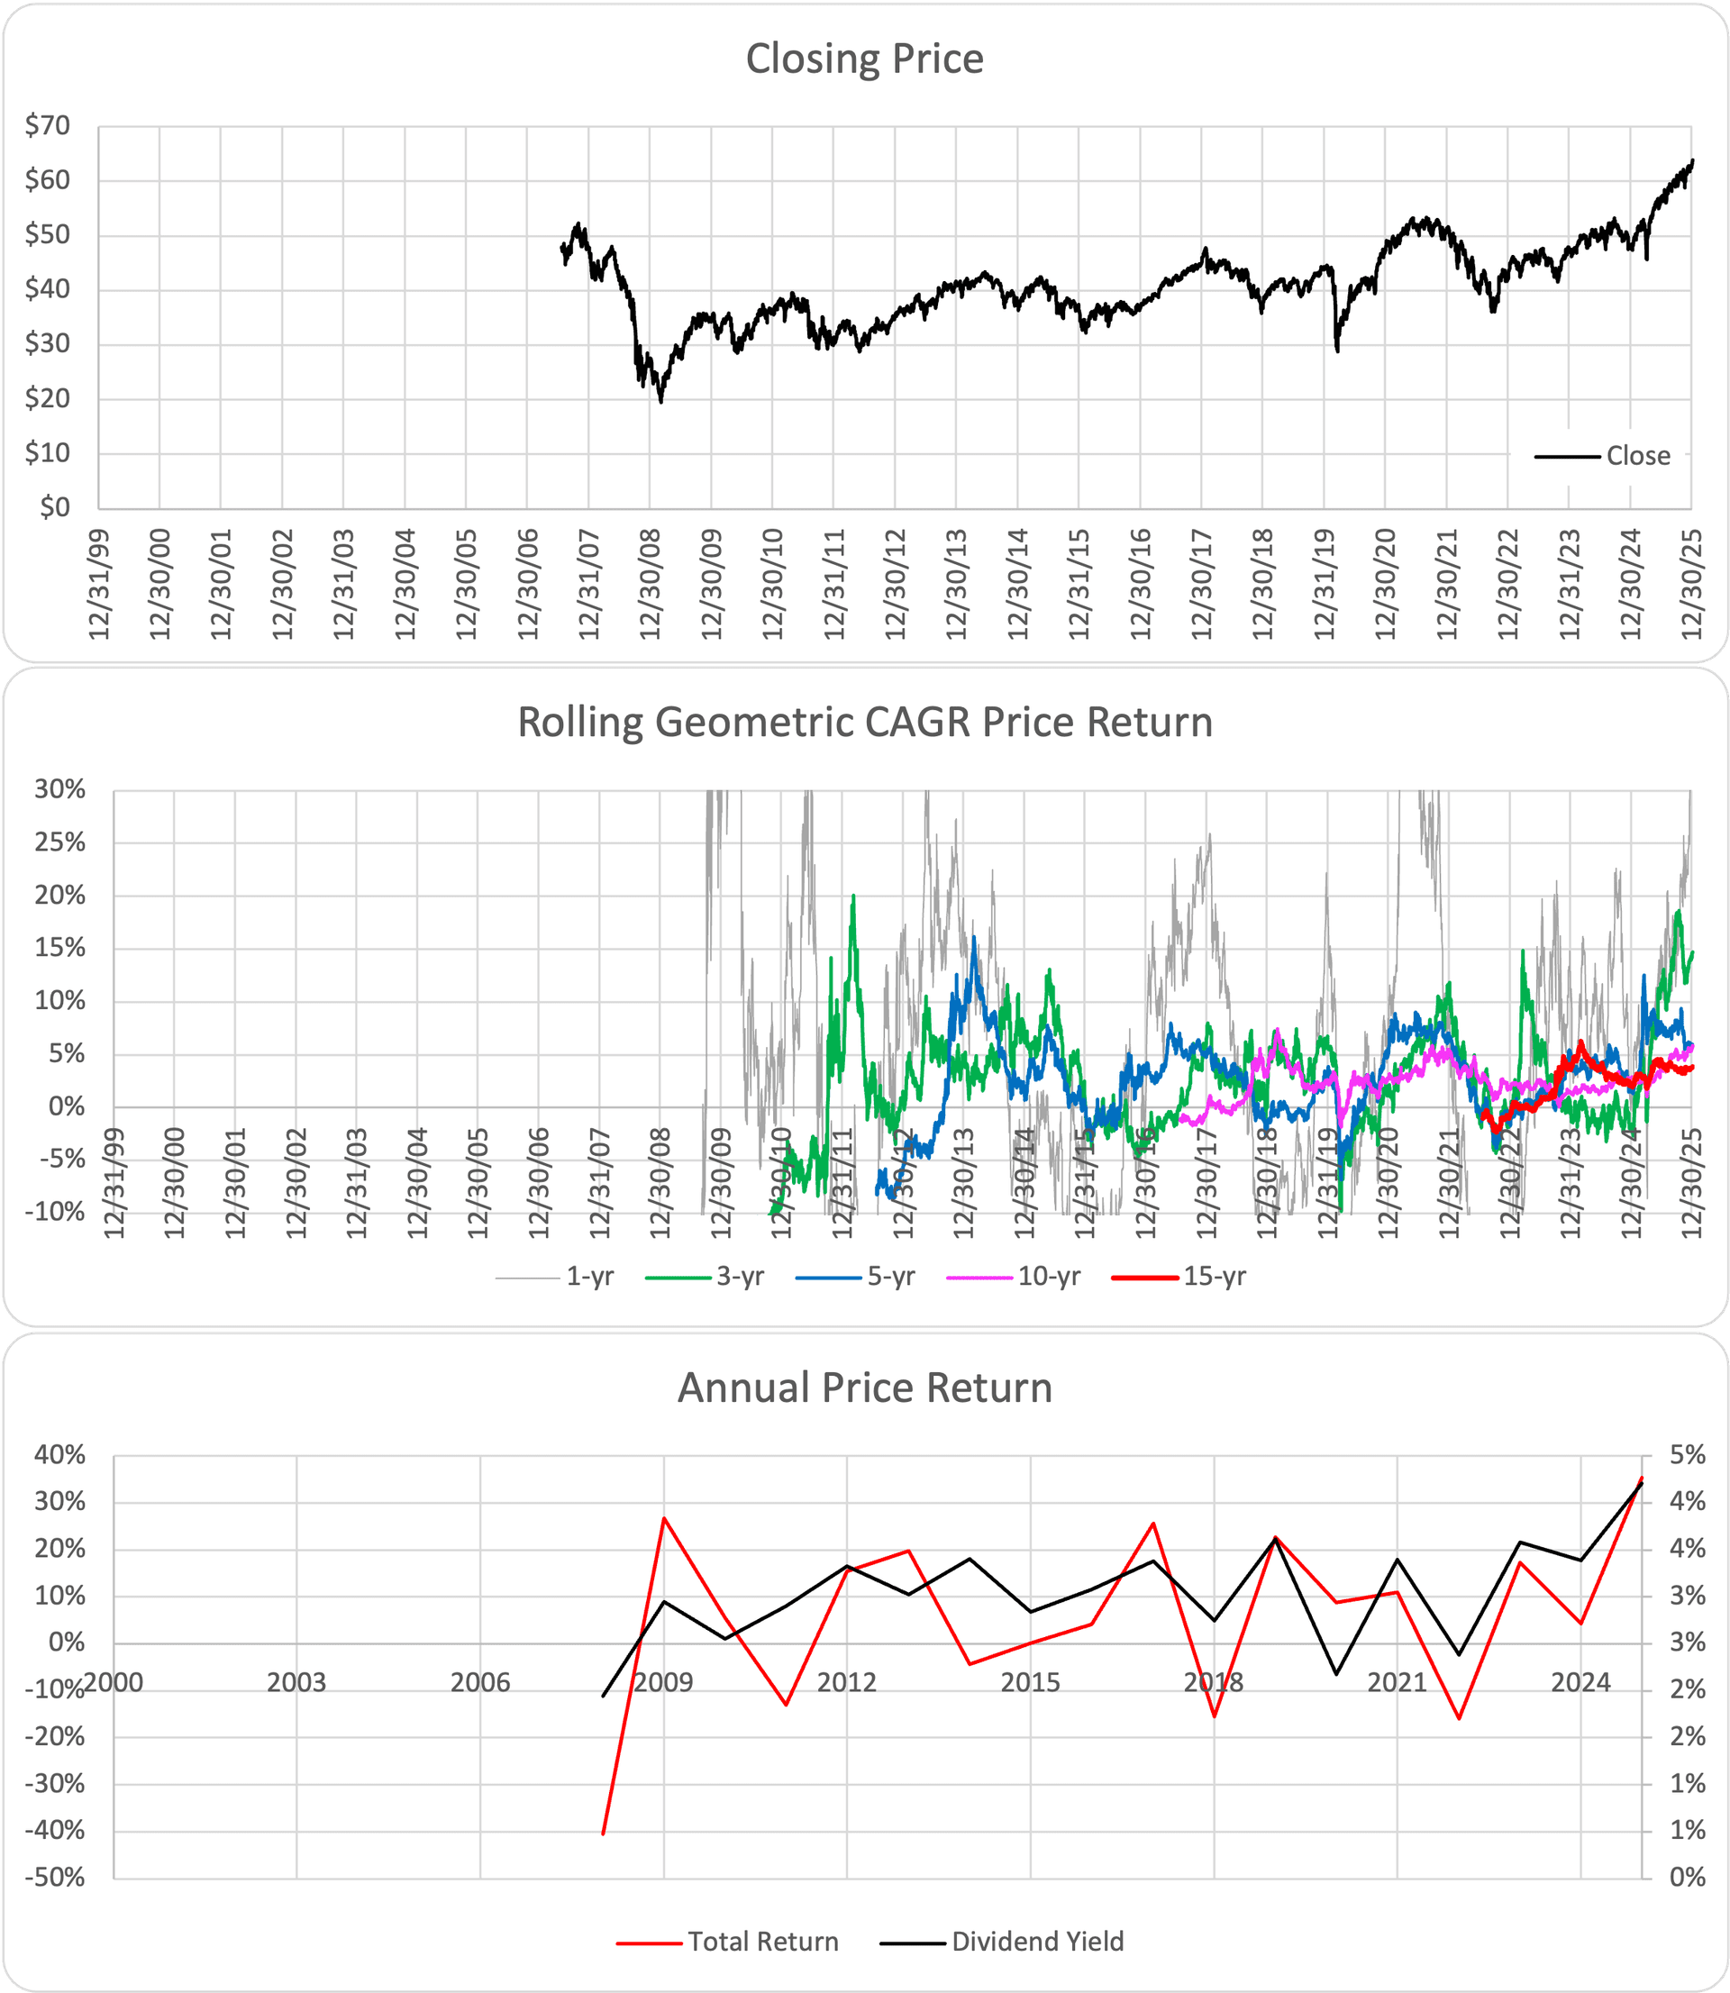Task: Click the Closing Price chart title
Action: (x=864, y=59)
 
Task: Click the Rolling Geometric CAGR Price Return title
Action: (x=864, y=723)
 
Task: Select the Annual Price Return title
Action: (x=864, y=1388)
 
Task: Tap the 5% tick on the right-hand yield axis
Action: (x=1688, y=1454)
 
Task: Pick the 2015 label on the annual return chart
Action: (x=1030, y=1683)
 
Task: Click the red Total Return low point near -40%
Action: (x=604, y=1833)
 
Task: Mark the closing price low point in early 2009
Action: (x=661, y=402)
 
